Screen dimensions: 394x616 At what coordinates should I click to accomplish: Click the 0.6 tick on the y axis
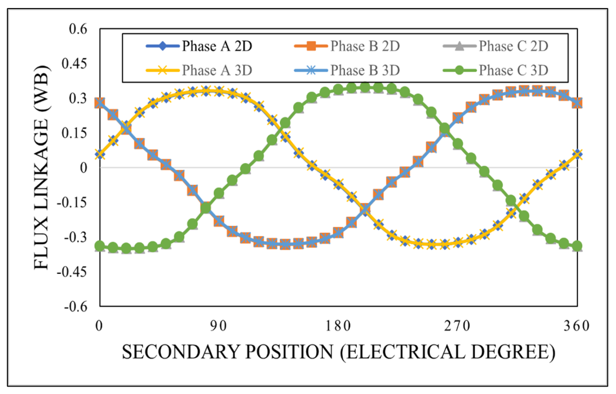78,29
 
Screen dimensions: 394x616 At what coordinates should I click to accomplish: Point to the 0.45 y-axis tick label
75,64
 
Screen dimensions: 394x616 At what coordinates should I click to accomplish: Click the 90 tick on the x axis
219,326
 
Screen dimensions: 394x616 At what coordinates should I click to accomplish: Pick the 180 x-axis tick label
338,326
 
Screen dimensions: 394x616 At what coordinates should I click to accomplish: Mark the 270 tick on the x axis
457,326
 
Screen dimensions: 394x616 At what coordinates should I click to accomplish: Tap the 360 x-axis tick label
577,326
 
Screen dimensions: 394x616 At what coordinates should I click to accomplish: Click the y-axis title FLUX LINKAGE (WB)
41,167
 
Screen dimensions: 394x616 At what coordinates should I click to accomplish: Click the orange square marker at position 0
100,103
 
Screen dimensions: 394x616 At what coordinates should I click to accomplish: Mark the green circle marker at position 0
100,246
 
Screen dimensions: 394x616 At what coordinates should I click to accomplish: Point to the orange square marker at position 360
577,103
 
